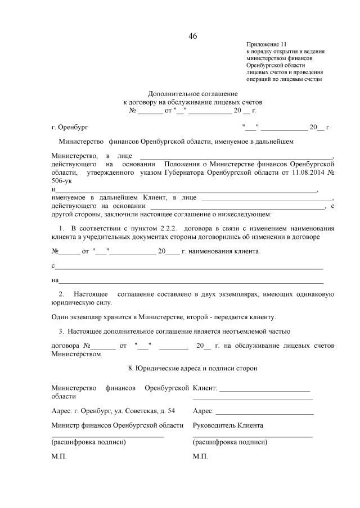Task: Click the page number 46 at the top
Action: point(193,37)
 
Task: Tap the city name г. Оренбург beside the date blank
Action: point(70,128)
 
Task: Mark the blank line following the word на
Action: point(191,280)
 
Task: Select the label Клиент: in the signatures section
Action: point(205,388)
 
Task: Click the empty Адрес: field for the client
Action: point(264,412)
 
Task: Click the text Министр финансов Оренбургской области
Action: point(118,425)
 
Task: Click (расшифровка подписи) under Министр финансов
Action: point(88,442)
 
